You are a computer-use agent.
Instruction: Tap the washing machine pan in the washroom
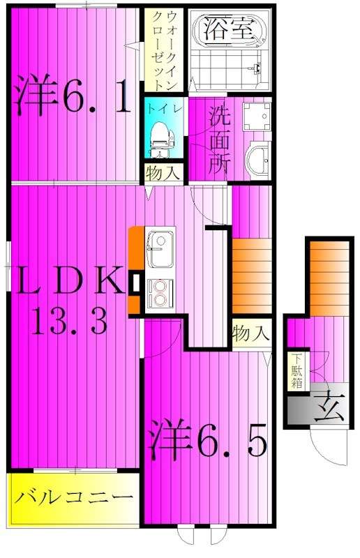pos(260,119)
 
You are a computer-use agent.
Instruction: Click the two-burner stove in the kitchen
pos(161,294)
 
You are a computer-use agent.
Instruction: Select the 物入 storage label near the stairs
pos(250,333)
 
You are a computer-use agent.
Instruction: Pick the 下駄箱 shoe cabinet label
pos(297,370)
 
